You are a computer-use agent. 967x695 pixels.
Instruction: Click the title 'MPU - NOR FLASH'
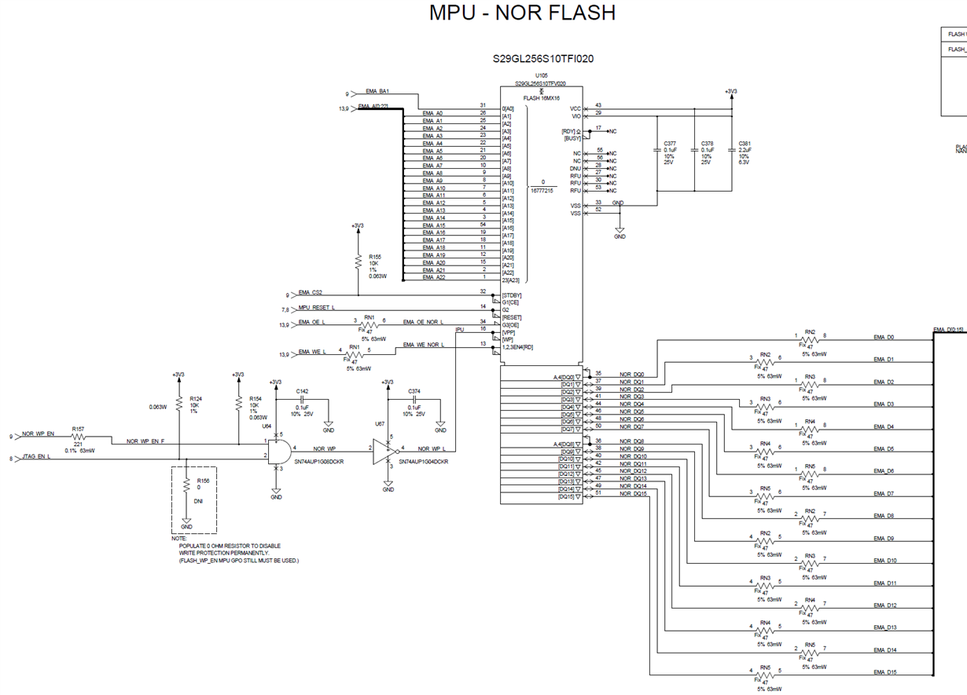pos(522,13)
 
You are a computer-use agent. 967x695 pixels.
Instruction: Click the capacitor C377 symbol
pos(657,149)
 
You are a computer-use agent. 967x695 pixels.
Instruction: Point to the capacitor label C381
pos(745,144)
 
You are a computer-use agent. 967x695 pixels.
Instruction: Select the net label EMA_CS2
pos(311,293)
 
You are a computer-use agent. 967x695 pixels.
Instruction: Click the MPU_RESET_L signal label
pos(317,308)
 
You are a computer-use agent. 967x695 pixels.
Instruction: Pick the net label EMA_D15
pos(884,672)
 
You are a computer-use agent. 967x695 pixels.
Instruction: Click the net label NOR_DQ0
pos(631,375)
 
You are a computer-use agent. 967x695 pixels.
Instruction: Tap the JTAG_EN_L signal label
pos(36,455)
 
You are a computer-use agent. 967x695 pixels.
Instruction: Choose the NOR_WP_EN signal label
pos(38,433)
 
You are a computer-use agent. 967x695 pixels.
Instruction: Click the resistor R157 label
pos(78,430)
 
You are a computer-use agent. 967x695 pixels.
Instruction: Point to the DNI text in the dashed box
pos(198,500)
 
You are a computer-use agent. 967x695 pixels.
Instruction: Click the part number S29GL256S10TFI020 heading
pos(543,59)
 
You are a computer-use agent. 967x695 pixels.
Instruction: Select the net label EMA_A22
pos(433,277)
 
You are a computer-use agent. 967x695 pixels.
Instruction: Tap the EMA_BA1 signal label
pos(377,92)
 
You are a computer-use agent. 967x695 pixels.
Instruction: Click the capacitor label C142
pos(303,390)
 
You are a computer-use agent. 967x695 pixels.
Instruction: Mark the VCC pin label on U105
pos(575,108)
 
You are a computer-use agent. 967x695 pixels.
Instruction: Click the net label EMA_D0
pos(884,338)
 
